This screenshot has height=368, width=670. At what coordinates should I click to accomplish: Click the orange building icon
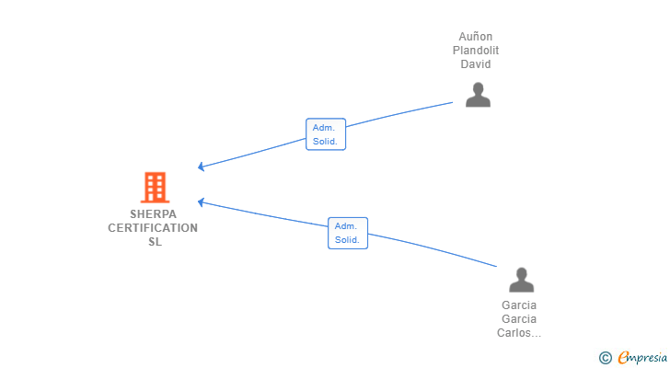tap(156, 187)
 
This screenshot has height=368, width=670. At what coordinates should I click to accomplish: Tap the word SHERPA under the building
tap(153, 213)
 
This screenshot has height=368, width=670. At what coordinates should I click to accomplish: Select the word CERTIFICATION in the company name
tap(153, 228)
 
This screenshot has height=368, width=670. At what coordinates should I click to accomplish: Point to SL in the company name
tap(155, 242)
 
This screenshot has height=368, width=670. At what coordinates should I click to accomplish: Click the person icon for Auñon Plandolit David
tap(478, 95)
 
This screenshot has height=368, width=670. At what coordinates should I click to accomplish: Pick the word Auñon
tap(476, 36)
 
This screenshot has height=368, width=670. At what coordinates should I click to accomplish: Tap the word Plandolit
tap(476, 51)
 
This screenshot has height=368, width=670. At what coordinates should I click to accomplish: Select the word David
tap(476, 64)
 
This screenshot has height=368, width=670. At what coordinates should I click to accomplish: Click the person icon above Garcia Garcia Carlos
tap(521, 280)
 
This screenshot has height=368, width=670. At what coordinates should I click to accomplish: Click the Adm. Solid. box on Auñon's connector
tap(326, 134)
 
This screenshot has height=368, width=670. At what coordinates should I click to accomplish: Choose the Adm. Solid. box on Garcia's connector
tap(348, 233)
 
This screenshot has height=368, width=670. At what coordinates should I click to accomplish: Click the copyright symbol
tap(605, 358)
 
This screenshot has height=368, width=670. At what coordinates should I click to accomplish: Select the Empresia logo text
tap(642, 357)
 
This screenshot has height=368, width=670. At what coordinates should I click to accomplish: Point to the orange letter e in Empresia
tap(623, 357)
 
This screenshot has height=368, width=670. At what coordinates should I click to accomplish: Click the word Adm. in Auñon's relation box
tap(323, 128)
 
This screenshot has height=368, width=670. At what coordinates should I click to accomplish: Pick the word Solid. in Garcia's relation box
tap(347, 240)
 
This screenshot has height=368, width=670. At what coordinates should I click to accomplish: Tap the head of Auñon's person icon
tap(479, 88)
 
